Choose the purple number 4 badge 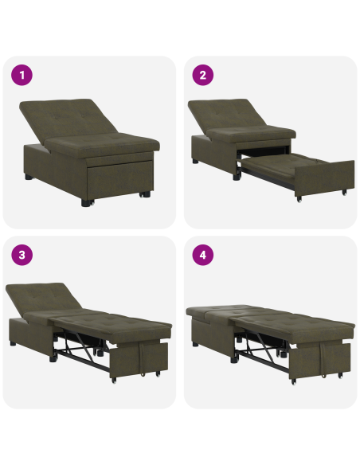pos(203,256)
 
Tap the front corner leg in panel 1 pos(85,201)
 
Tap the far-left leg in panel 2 pos(195,160)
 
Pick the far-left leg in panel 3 pos(14,344)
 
